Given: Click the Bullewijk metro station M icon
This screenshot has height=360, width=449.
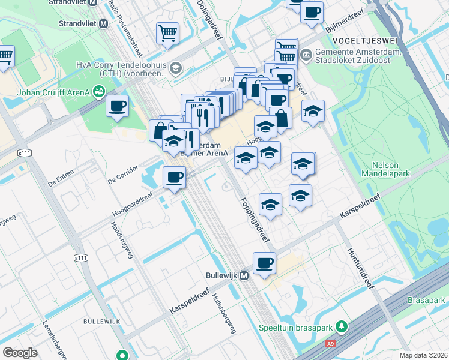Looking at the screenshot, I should point(244,277).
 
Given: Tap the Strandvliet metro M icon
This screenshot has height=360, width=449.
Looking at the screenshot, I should point(103,23).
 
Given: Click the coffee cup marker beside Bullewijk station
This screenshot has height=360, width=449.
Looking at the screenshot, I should point(265,263).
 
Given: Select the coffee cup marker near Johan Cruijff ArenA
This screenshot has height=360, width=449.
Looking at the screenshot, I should point(117,106).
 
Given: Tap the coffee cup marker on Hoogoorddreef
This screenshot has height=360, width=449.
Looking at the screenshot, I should point(174,177).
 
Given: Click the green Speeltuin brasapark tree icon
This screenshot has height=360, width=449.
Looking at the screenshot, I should point(342,327).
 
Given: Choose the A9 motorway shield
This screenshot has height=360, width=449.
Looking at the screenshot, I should point(330,344).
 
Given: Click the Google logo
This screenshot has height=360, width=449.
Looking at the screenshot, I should point(20,353).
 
